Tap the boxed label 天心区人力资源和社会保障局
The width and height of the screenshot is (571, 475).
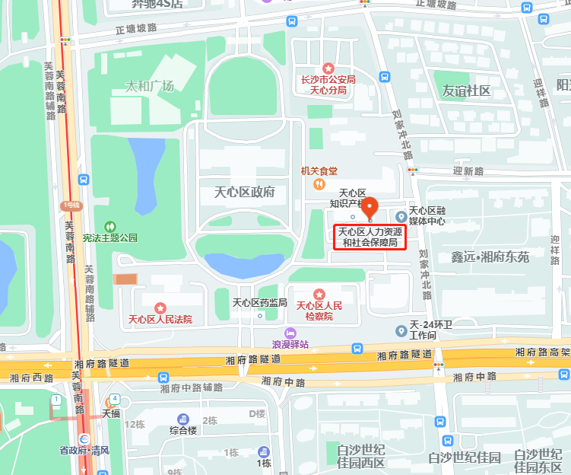coord(372,237)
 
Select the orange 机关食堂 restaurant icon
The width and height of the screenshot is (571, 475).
coord(319,184)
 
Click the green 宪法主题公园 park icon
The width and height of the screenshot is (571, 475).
coord(110,226)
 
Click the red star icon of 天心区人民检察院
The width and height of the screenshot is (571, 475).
coord(319,294)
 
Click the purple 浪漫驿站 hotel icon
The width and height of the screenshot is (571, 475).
coord(290,333)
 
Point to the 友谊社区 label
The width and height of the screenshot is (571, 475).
coord(467,91)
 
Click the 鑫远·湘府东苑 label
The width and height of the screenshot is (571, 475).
coord(489,257)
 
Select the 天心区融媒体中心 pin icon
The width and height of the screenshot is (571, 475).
coord(401,216)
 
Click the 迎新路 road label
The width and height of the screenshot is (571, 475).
coord(468,171)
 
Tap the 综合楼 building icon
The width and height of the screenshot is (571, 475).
coord(182,419)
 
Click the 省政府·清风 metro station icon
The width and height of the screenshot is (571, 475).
coord(84,438)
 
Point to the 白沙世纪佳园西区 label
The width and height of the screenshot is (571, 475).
coord(361,456)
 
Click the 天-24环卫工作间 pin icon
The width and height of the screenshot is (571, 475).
coord(401,330)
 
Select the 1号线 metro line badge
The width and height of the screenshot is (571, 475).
coord(71,206)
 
